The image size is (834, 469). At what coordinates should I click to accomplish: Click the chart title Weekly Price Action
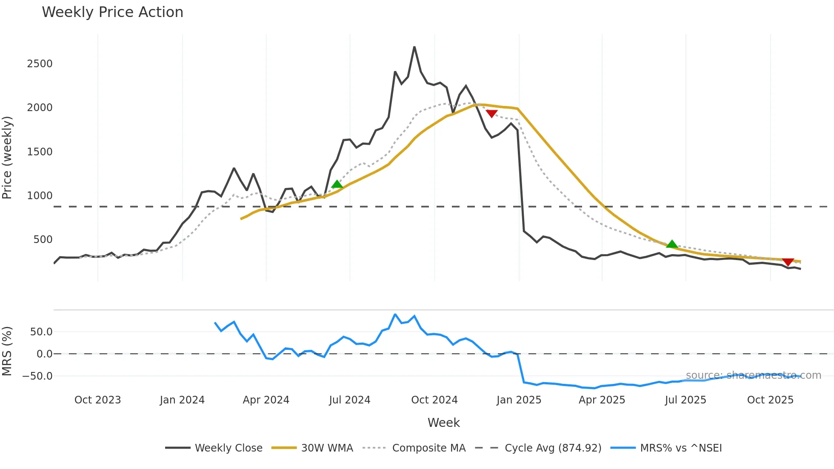click(112, 12)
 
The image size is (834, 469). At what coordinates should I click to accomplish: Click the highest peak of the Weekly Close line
click(414, 47)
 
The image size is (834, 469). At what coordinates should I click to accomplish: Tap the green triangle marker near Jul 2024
click(337, 184)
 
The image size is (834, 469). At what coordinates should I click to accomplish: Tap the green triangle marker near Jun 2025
click(672, 244)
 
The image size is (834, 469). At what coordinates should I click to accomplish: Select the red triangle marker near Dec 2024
click(491, 114)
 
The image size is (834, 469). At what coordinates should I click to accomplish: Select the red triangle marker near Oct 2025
click(788, 262)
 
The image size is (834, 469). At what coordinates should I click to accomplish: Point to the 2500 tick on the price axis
click(40, 64)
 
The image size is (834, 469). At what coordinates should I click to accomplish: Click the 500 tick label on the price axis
click(43, 240)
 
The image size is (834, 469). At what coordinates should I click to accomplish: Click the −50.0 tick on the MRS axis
click(37, 376)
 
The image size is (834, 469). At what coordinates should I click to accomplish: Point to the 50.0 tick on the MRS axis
click(41, 332)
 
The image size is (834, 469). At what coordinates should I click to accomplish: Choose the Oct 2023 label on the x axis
click(97, 400)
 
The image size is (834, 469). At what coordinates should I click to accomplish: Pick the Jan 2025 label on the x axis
click(519, 400)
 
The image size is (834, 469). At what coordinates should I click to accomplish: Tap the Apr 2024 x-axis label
click(266, 400)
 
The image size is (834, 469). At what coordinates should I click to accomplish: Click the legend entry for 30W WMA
click(327, 448)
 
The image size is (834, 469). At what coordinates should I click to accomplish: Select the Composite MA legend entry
click(428, 448)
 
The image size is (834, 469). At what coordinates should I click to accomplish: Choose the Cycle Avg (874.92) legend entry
click(553, 448)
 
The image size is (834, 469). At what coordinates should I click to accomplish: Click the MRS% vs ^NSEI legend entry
click(681, 448)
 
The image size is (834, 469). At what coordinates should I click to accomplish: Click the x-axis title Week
click(443, 423)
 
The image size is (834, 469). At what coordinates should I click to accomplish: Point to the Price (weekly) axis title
click(7, 157)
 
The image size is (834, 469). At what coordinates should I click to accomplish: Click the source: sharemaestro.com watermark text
click(753, 375)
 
